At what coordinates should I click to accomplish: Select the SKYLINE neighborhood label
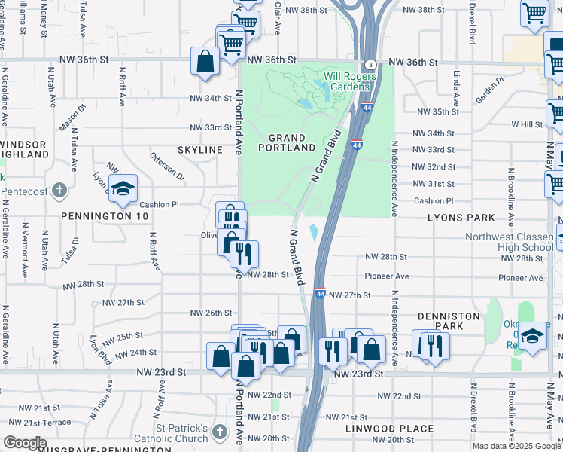point(200,150)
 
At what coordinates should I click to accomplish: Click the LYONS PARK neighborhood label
point(461,218)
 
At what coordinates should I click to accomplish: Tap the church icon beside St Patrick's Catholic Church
point(219,432)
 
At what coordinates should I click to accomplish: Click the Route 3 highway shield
point(370,65)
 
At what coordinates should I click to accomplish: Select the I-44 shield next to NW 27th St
point(320,294)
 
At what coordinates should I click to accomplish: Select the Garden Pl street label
point(489,90)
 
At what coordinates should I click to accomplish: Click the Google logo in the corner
point(25,443)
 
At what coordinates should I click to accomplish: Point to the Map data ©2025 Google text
point(516,446)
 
